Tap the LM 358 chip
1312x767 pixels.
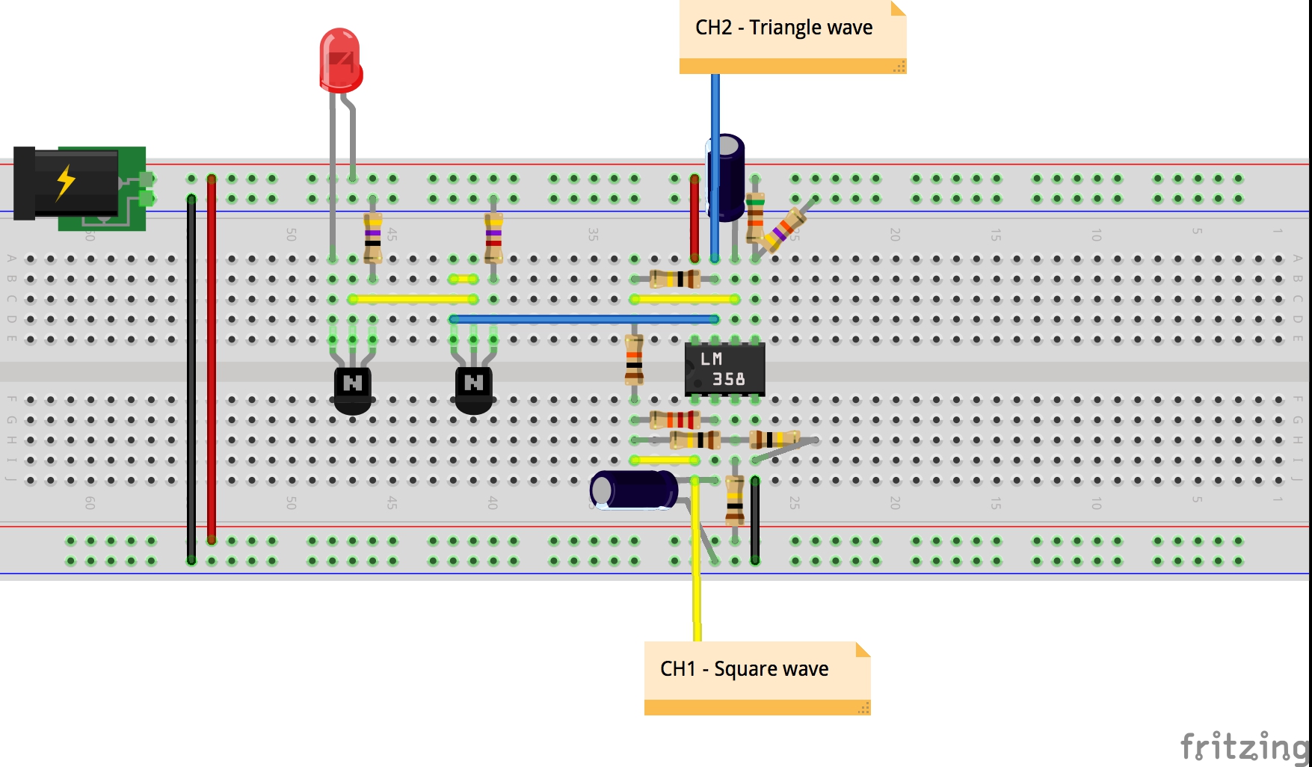[x=724, y=369]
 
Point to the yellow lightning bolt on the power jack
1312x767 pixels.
[x=67, y=182]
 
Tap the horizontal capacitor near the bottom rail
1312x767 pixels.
[x=635, y=490]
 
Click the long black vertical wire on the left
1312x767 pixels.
[x=191, y=374]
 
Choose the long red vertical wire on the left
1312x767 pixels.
[x=212, y=359]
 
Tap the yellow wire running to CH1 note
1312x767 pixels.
[x=697, y=561]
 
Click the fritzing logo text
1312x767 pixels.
[x=1244, y=747]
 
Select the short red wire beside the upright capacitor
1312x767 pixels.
[x=695, y=218]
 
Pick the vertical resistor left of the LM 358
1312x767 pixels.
[x=634, y=360]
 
